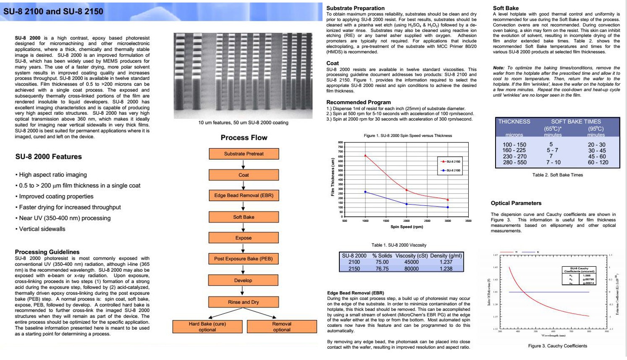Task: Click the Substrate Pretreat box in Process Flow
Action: pos(244,154)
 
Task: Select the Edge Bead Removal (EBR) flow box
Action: pos(244,195)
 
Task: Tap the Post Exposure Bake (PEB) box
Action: pos(243,259)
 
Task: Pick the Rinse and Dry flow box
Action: pos(243,302)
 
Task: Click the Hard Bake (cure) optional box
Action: pos(207,327)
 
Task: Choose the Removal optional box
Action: pos(282,327)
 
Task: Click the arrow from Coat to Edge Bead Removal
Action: pos(243,185)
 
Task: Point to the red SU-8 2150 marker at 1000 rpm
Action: pos(365,155)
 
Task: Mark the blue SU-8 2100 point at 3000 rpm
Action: pos(448,207)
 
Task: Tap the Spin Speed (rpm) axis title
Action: pos(407,227)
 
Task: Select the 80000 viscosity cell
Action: pos(411,268)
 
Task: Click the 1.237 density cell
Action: pos(446,262)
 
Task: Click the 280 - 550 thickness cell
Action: pos(514,162)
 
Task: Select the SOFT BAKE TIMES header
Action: pos(576,121)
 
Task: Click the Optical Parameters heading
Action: pos(516,203)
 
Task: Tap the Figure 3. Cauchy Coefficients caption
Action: pos(557,346)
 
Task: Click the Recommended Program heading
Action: pos(358,102)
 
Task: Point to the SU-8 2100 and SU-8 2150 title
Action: pos(53,11)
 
